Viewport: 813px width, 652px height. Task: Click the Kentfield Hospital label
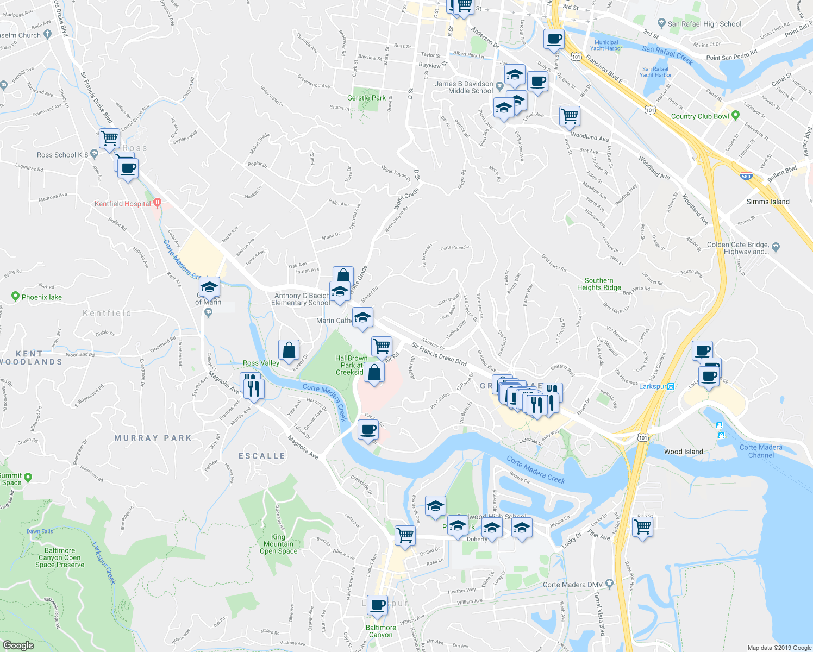123,204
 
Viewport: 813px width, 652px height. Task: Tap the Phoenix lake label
42,297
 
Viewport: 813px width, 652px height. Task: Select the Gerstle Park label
366,98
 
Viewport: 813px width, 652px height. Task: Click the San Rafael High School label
704,24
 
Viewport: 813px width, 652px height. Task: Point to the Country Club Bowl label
700,116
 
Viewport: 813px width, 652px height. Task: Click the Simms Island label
768,202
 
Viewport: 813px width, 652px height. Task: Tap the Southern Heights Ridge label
599,284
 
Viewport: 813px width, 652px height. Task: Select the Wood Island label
683,452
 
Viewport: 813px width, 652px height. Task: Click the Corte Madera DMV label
573,585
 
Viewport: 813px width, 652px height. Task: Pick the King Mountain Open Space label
278,544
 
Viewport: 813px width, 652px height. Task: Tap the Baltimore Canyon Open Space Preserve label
60,557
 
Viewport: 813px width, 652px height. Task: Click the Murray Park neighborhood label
153,438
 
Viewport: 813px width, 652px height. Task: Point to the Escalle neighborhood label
262,456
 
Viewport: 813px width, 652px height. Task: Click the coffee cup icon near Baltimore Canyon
377,604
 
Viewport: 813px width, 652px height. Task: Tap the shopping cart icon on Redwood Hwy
642,526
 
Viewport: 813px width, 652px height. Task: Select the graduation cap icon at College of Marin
209,286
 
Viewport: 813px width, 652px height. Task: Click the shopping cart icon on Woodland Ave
570,115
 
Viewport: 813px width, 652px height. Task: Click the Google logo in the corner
18,645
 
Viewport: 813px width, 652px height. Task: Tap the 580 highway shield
747,176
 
